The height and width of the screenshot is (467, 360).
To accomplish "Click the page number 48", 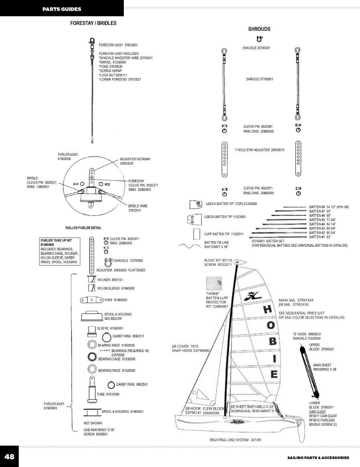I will point(9,457).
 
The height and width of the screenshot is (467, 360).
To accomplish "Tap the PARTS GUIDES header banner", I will point(62,9).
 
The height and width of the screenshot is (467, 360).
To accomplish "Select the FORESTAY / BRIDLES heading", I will point(93,23).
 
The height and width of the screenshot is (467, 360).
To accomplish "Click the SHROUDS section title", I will point(259,29).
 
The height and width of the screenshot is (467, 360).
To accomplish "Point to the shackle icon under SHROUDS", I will point(259,39).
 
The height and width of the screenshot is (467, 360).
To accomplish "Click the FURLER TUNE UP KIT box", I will point(60,251).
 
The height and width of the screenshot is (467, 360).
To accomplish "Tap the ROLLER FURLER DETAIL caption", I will point(83,228).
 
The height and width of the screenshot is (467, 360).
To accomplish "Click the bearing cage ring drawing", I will point(92,357).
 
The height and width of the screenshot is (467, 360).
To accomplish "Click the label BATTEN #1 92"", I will point(320,237).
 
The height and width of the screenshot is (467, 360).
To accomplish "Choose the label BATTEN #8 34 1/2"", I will point(329,207).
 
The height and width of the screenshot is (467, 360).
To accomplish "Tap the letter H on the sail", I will point(268,310).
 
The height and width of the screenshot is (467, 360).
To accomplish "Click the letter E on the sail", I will point(274,374).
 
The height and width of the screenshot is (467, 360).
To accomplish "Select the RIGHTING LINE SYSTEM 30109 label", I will point(235,440).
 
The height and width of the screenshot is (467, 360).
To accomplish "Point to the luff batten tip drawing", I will point(196,233).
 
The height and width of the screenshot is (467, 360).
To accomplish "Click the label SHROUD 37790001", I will point(259,79).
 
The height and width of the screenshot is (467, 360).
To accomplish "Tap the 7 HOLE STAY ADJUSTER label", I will point(259,150).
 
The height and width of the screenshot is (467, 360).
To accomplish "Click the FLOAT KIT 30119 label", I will point(218,260).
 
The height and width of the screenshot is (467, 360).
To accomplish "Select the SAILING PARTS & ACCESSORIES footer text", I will point(318,457).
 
